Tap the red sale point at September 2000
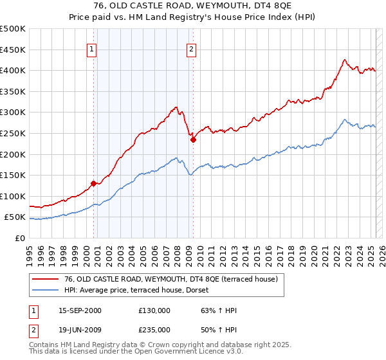[93, 183]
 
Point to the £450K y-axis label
[13, 50]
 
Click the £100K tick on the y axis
[13, 196]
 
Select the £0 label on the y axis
[19, 238]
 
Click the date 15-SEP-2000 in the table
[80, 310]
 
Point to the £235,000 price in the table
[154, 329]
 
